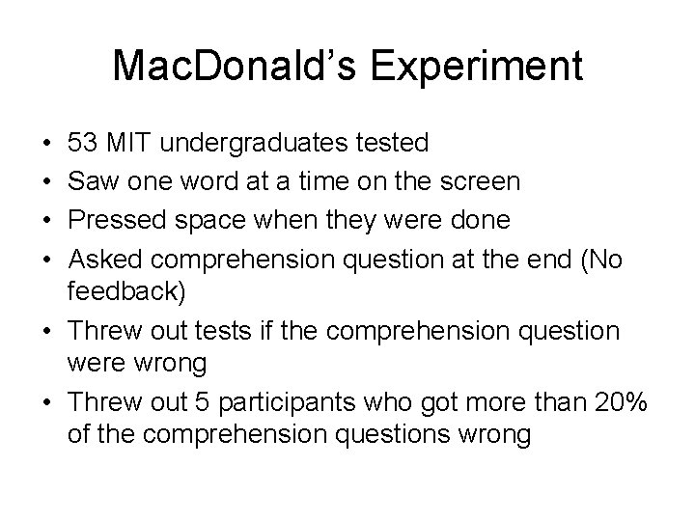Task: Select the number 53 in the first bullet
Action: click(x=82, y=144)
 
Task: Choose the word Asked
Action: click(x=103, y=260)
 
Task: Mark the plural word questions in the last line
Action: click(x=388, y=435)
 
